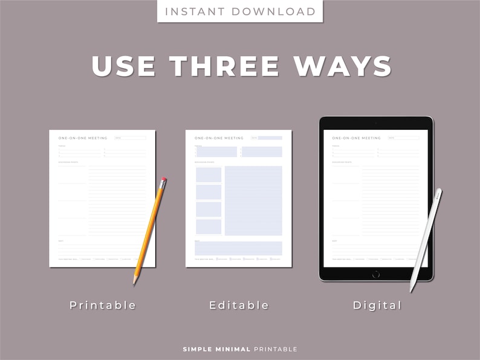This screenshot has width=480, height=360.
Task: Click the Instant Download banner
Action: (x=240, y=11)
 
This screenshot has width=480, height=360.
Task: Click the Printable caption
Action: (x=103, y=305)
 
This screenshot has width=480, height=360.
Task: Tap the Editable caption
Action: (x=239, y=305)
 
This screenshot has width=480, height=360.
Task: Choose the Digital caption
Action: (x=377, y=305)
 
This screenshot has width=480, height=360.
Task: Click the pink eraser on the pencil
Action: (x=164, y=180)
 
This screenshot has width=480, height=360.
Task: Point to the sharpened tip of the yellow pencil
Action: (x=134, y=282)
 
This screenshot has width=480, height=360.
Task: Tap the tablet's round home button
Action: (x=376, y=274)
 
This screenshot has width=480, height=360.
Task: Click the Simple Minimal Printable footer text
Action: (x=240, y=349)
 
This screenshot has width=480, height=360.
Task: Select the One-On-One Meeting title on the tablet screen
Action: (x=357, y=138)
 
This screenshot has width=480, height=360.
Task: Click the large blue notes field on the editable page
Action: (x=253, y=201)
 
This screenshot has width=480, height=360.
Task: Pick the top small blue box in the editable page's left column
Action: (x=209, y=175)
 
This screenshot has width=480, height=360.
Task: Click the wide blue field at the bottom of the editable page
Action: (x=239, y=248)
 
